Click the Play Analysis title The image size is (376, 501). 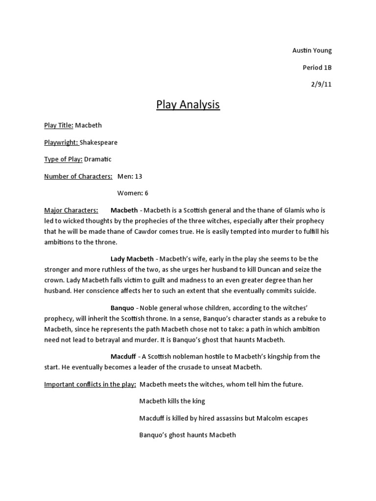(188, 105)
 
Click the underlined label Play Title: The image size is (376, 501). (59, 125)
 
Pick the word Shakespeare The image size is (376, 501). (102, 142)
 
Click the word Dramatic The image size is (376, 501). (98, 159)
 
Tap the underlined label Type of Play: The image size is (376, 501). (63, 159)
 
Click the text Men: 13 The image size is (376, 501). (130, 176)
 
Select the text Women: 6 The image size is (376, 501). (133, 193)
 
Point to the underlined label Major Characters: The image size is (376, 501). (71, 210)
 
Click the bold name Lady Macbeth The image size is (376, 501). (133, 259)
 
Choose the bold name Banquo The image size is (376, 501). (122, 308)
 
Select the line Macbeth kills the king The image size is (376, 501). (172, 401)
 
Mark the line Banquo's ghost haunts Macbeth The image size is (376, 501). (188, 435)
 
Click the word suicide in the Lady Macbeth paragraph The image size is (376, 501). (305, 291)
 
